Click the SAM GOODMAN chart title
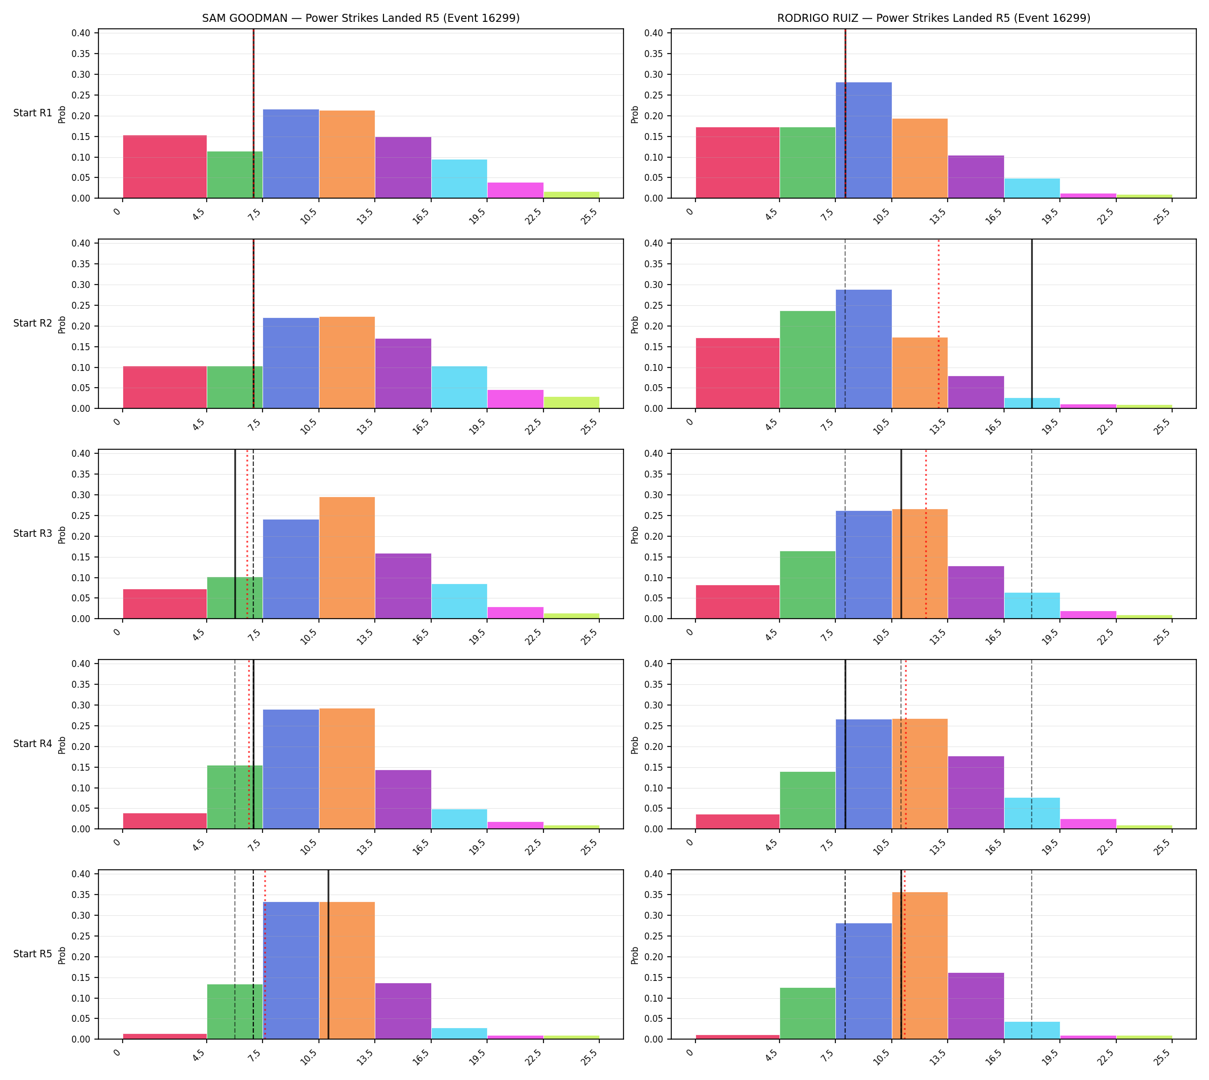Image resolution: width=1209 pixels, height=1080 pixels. tap(360, 18)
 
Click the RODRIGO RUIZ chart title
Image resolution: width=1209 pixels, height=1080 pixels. tap(933, 18)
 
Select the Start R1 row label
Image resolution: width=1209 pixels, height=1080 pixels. tap(33, 113)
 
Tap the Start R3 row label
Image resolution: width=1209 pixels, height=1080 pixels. tap(33, 533)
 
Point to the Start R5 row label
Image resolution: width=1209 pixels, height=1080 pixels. tap(33, 954)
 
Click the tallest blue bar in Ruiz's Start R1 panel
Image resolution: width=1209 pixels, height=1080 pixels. tap(864, 140)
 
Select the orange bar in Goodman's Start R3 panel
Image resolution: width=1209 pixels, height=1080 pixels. tap(347, 558)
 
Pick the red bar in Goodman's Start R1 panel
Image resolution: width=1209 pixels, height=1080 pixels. tap(165, 166)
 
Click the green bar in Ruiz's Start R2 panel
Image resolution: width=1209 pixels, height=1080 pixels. tap(807, 359)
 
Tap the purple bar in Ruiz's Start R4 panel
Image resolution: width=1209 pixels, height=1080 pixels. tap(976, 792)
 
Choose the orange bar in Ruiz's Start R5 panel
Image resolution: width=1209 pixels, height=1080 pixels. tap(919, 965)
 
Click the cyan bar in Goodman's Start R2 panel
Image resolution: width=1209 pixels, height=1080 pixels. tap(459, 388)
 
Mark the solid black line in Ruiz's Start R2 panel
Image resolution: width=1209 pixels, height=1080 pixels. tap(1032, 324)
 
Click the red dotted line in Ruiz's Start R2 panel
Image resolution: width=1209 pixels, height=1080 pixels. tap(938, 324)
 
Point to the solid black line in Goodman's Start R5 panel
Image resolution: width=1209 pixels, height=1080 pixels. tap(328, 955)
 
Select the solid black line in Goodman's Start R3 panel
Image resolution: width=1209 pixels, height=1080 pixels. tap(235, 534)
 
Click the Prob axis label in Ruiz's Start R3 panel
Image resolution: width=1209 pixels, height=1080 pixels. tap(635, 535)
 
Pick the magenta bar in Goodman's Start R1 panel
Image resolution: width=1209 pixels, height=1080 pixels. tap(515, 191)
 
